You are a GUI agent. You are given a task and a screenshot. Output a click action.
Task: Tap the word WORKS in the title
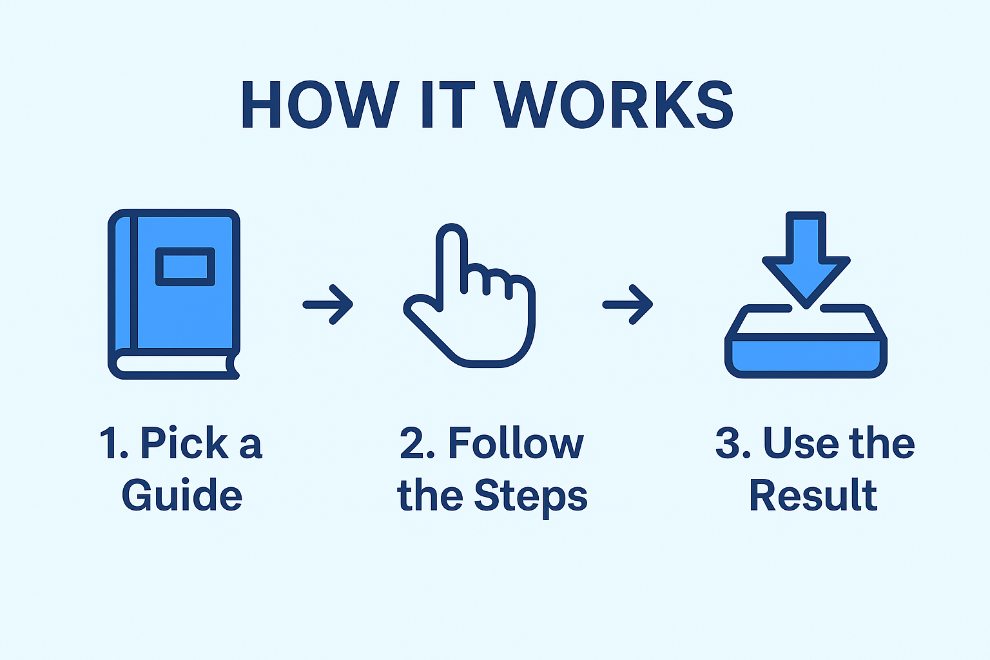coord(614,105)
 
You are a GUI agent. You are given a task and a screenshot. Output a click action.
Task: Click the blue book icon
coord(174,294)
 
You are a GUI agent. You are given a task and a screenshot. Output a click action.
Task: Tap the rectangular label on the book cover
coord(185,267)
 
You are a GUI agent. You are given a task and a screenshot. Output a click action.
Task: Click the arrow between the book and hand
coord(327,304)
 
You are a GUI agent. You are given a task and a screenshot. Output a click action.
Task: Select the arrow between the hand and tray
coord(628,304)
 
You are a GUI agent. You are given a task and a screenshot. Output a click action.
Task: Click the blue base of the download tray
coord(806,356)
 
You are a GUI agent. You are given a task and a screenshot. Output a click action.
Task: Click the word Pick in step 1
coord(184,443)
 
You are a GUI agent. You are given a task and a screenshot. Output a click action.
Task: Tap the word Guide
coord(182,494)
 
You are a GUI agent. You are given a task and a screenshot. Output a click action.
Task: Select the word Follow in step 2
coord(516,443)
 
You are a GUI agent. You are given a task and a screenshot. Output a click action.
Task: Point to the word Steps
coord(530,498)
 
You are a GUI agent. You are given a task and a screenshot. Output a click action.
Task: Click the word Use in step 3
coord(801,443)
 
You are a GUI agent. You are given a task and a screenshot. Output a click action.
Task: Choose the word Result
coord(813,494)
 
